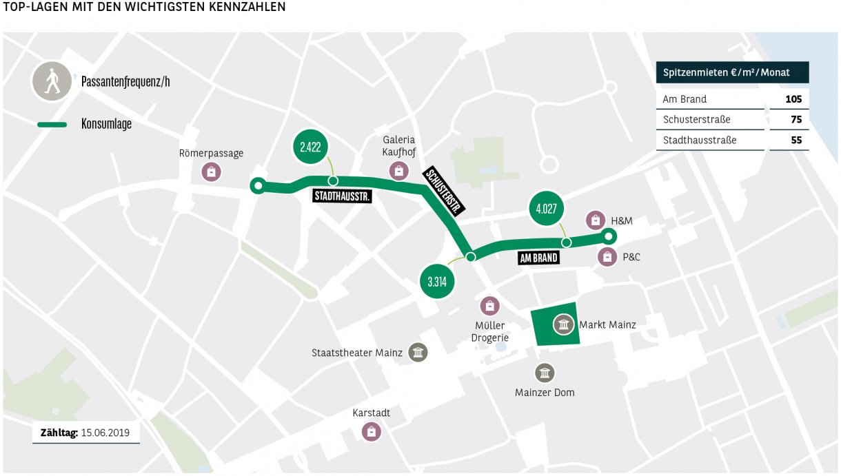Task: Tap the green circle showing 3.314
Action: coord(436,282)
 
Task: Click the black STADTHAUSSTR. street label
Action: coord(343,197)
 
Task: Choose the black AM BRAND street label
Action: coord(538,258)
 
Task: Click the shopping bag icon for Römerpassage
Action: coord(211,171)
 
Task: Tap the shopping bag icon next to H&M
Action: coord(595,220)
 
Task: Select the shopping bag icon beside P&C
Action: coord(607,257)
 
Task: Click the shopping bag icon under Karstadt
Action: coord(372,432)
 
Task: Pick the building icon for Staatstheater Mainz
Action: coord(418,353)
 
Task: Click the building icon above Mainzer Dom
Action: coord(545,373)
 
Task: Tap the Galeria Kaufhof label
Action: coord(398,147)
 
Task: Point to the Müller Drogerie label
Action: coord(490,331)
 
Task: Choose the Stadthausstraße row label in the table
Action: coord(699,140)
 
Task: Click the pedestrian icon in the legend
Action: coord(52,82)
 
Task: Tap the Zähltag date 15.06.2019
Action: coord(110,433)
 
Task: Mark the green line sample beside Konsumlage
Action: coord(52,125)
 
